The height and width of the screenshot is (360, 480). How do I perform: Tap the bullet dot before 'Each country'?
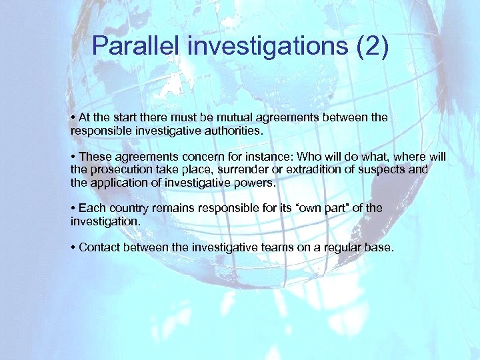[x=73, y=208]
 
